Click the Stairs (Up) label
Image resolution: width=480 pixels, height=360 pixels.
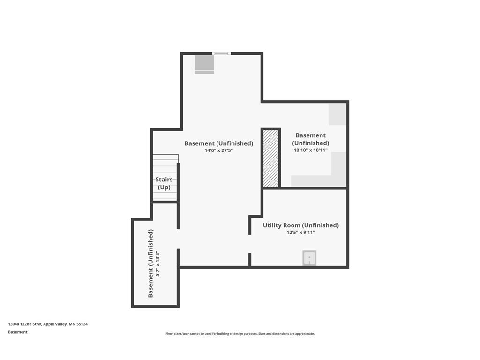click(164, 183)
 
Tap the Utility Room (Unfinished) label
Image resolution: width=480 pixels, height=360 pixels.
click(300, 225)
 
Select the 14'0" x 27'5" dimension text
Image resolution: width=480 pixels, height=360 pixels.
click(219, 150)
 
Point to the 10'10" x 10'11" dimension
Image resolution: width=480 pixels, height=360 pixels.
click(310, 150)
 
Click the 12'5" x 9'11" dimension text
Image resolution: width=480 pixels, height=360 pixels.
click(300, 232)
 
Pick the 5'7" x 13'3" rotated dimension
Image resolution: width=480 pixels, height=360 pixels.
click(158, 264)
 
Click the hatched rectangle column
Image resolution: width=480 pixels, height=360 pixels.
click(271, 158)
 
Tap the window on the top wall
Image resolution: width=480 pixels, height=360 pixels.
click(221, 53)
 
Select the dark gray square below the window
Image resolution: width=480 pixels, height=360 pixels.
click(204, 65)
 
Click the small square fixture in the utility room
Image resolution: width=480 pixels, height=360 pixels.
click(309, 258)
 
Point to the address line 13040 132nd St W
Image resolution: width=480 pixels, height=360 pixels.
click(48, 324)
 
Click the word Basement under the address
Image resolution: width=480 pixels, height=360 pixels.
click(18, 332)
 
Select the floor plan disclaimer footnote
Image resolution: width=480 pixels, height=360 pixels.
click(240, 334)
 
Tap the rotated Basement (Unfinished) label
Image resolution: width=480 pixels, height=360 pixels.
click(150, 263)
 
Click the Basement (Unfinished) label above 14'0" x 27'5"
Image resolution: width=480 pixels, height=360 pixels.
click(219, 143)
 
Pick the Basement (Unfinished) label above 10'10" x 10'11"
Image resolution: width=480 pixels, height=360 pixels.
click(310, 139)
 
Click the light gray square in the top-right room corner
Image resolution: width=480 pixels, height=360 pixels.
click(337, 114)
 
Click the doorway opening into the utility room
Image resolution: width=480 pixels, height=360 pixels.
click(250, 244)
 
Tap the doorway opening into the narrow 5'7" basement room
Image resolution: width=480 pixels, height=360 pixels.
click(178, 239)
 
